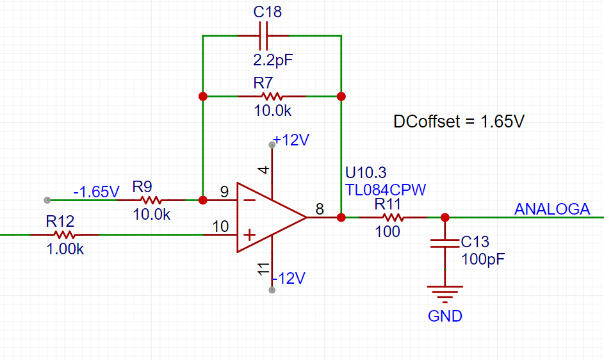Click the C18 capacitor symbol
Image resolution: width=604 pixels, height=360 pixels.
(264, 36)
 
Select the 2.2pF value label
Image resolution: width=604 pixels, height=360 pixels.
(273, 60)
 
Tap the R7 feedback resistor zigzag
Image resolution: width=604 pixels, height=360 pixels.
(272, 96)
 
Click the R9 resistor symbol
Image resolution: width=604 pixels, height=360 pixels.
(151, 200)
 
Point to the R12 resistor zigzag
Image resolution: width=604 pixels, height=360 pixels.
(64, 234)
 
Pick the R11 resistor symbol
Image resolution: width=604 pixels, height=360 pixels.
(393, 218)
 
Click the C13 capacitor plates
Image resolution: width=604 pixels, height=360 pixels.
(445, 243)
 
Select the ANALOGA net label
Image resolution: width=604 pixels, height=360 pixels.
(552, 209)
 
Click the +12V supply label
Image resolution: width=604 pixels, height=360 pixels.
(291, 140)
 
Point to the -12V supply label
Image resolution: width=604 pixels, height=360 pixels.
(288, 278)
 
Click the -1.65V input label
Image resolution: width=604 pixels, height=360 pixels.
(96, 192)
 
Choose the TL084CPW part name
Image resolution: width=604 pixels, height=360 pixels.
(385, 190)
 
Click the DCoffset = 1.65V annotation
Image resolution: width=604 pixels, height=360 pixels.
(459, 122)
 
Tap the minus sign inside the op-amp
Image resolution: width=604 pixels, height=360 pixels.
(250, 200)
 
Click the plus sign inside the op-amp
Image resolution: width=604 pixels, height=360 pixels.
(250, 234)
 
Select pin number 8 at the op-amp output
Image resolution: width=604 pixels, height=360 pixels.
(320, 209)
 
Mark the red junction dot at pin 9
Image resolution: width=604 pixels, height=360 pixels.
(202, 200)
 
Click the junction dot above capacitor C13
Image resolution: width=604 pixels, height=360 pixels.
(445, 218)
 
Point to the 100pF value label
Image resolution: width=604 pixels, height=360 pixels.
(483, 259)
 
